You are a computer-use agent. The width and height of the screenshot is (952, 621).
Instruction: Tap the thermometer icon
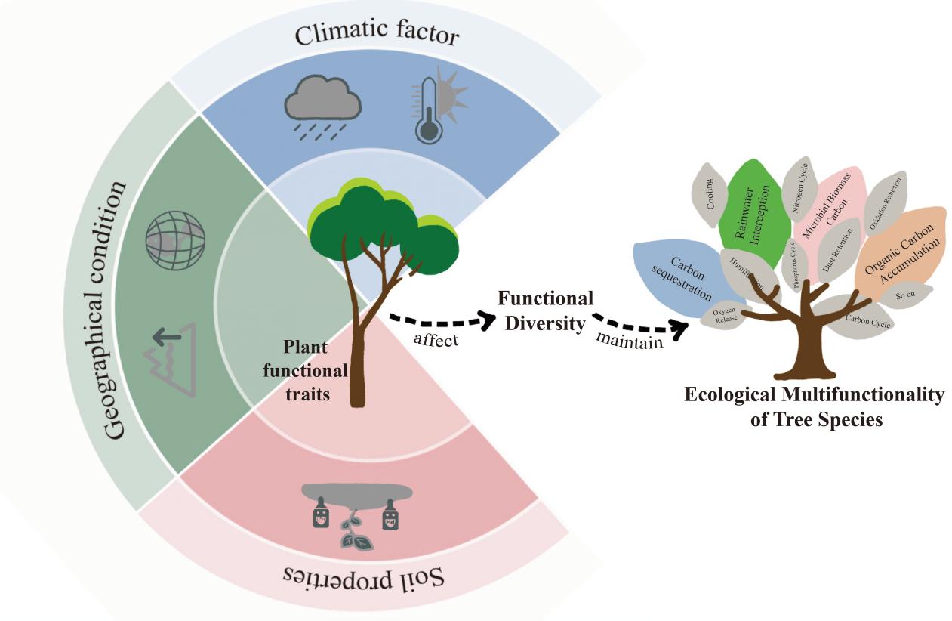point(436,110)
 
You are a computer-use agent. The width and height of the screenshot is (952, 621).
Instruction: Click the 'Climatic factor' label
point(377,35)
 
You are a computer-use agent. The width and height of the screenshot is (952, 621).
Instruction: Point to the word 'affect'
point(436,339)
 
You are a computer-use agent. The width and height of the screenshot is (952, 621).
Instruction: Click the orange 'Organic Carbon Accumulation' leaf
point(901,249)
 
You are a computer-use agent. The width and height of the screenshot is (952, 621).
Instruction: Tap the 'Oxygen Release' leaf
point(724,316)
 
